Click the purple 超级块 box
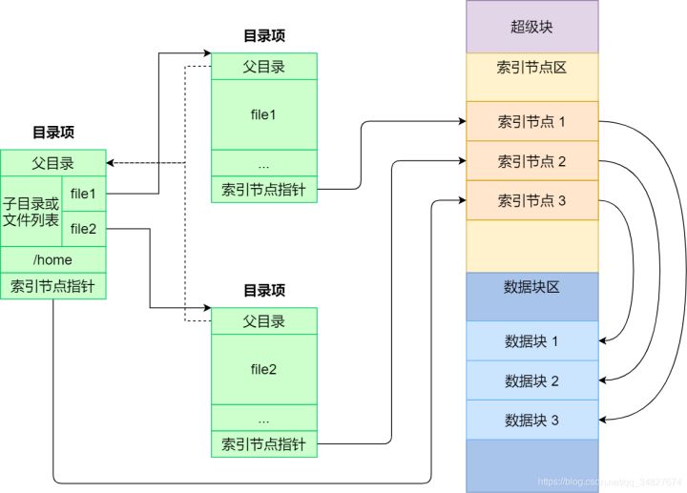pos(531,27)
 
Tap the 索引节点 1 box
pos(531,122)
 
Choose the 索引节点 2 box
pos(531,161)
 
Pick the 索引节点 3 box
pos(531,201)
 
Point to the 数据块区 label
pos(531,287)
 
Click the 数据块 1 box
pos(531,341)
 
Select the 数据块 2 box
pos(531,381)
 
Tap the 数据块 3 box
pos(531,421)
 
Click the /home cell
pos(52,259)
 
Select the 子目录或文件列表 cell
pos(31,212)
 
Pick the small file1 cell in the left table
pos(84,194)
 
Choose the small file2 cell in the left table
pos(84,229)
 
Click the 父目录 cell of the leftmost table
pos(52,163)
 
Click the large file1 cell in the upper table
pos(263,114)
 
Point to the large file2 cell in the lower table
pos(263,369)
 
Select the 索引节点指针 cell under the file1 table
pos(263,189)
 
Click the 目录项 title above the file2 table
pos(263,291)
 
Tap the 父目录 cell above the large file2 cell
pos(263,321)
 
